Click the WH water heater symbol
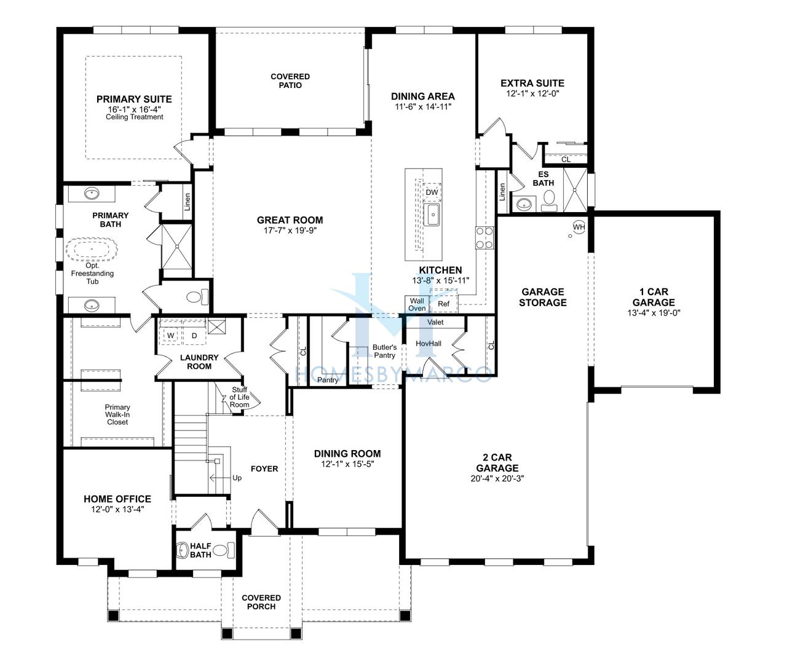coord(579,227)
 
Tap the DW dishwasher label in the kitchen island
coord(432,192)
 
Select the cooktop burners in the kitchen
coord(484,237)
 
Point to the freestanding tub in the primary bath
coord(92,249)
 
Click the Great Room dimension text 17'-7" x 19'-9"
coord(290,231)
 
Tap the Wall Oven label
coord(417,304)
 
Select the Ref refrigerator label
coord(444,304)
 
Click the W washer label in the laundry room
coord(171,335)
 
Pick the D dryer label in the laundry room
coord(194,335)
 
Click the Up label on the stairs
coord(237,478)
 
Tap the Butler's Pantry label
coord(384,351)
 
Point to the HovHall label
coord(428,344)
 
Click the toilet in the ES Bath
coord(549,200)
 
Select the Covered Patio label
coord(290,81)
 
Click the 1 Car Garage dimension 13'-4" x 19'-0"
coord(654,312)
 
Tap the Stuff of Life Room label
coord(239,397)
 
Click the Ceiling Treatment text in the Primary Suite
coord(134,117)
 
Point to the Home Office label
coord(117,499)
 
